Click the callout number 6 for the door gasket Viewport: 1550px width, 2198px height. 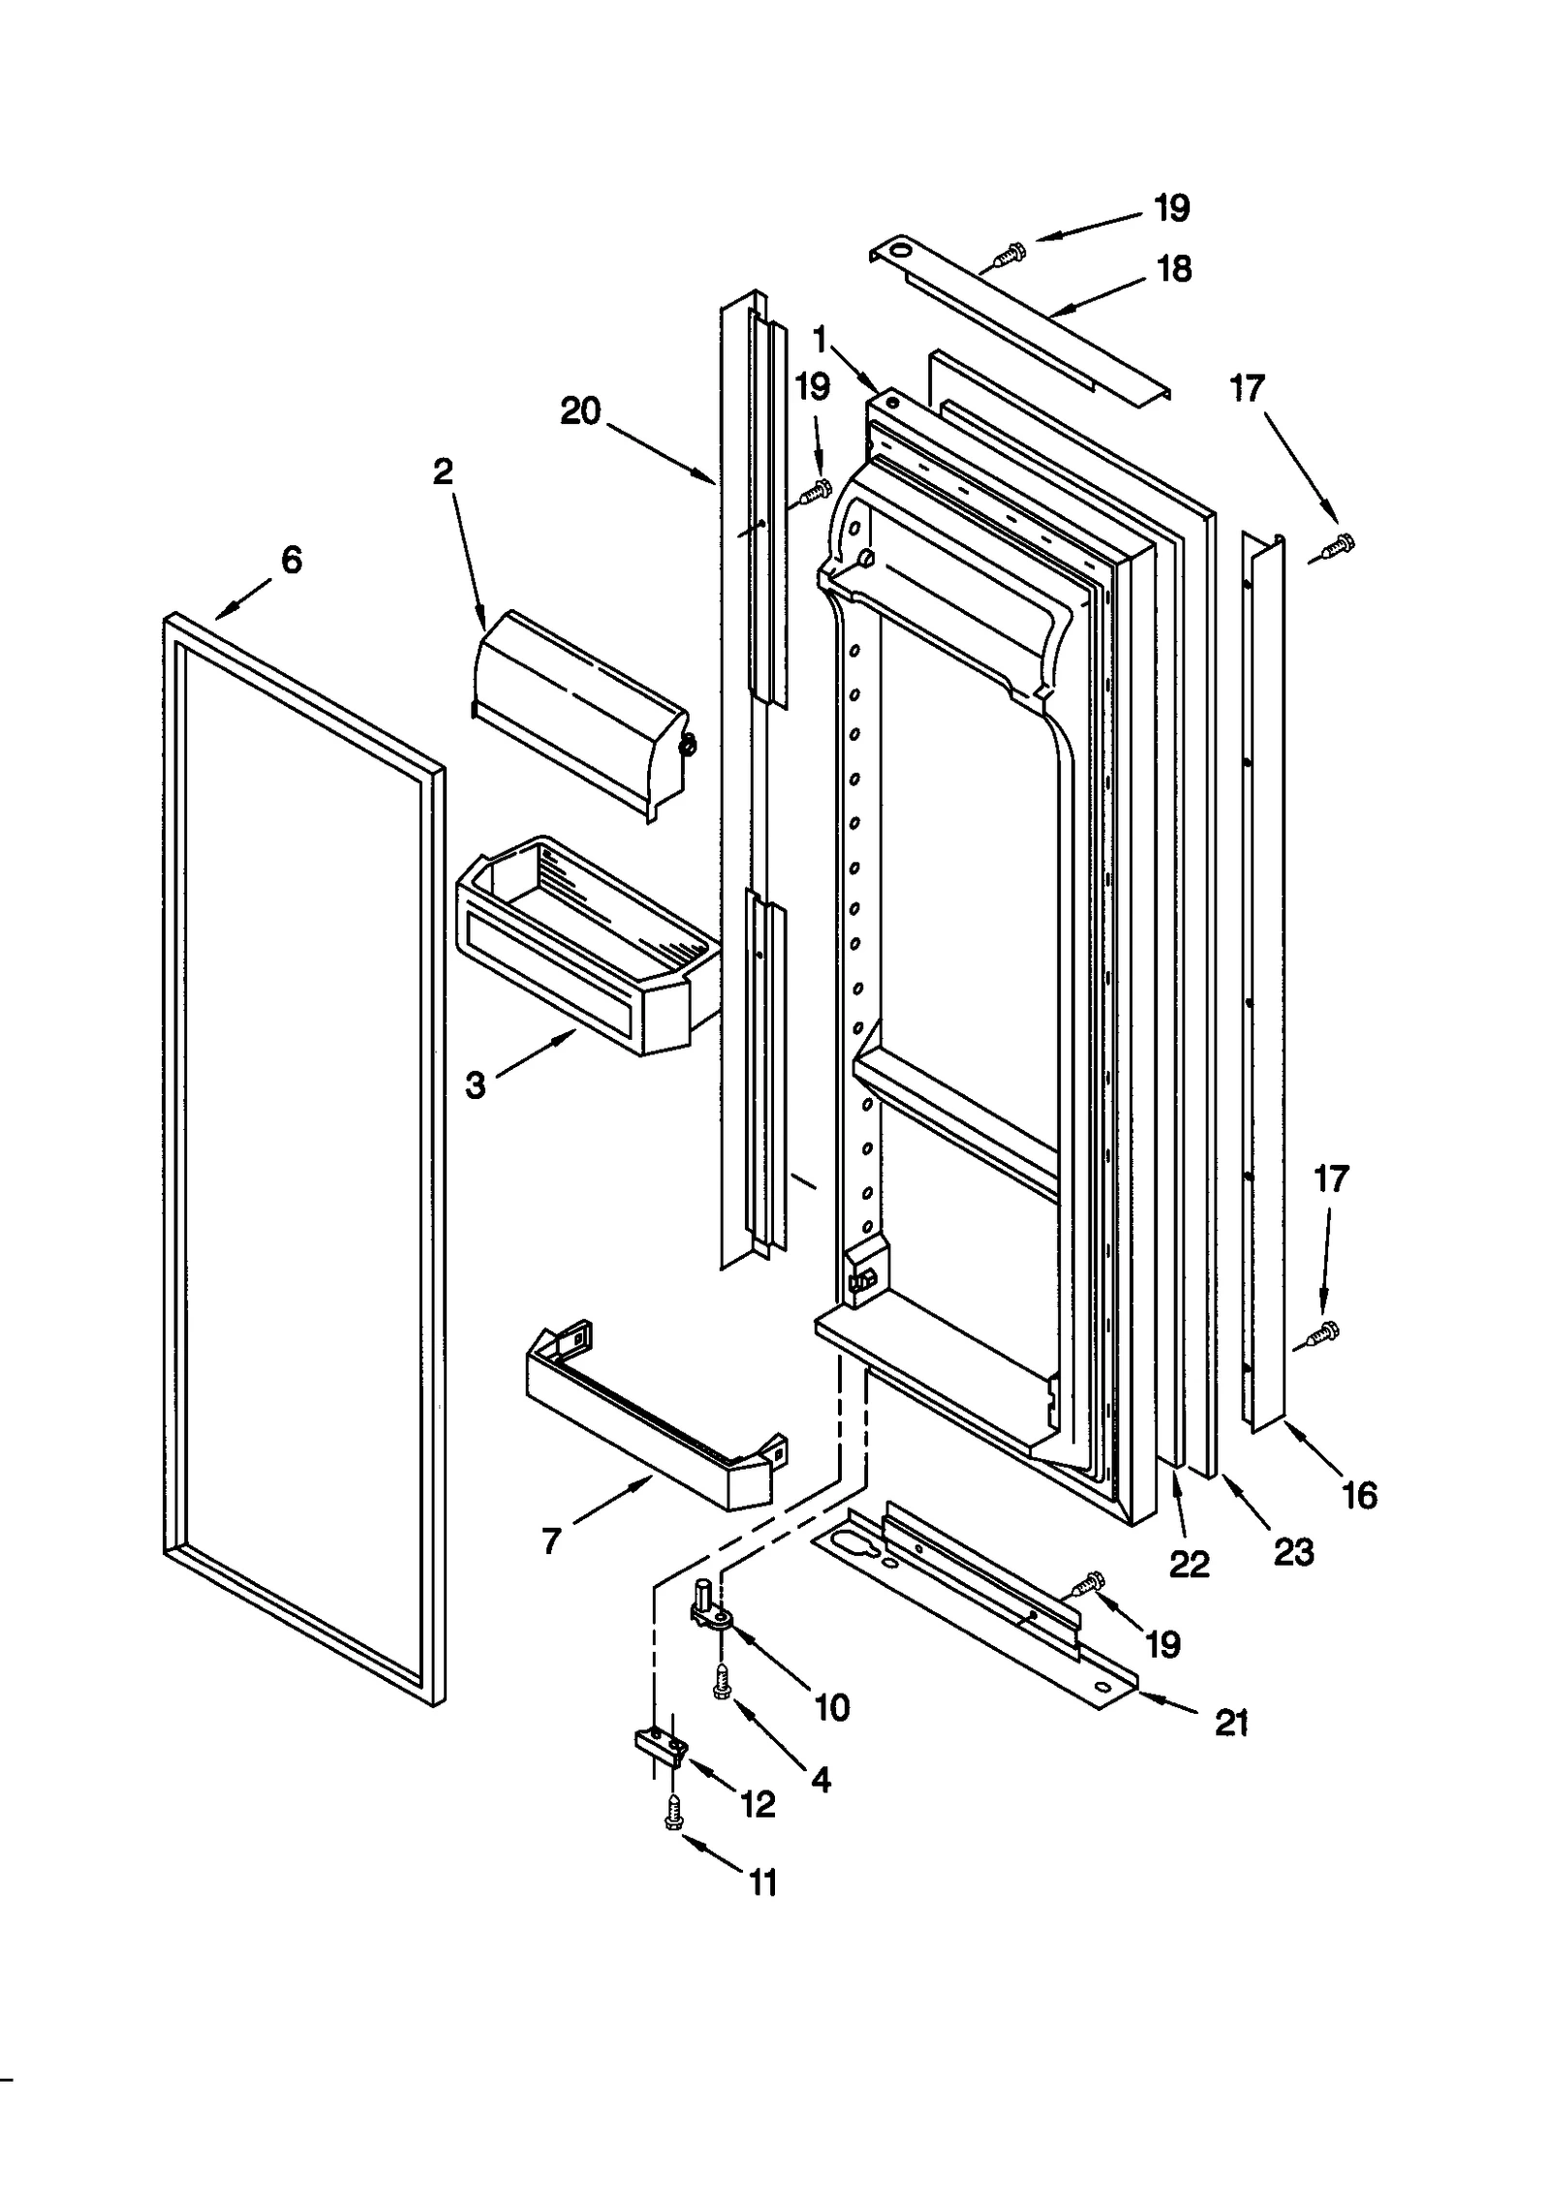pyautogui.click(x=291, y=560)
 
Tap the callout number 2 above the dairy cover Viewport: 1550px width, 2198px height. pyautogui.click(x=443, y=472)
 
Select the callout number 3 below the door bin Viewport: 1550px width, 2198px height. pyautogui.click(x=475, y=1086)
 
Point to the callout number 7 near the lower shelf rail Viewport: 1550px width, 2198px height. pyautogui.click(x=551, y=1541)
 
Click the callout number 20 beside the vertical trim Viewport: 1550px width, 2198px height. pyautogui.click(x=580, y=412)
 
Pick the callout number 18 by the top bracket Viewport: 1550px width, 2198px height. pyautogui.click(x=1174, y=269)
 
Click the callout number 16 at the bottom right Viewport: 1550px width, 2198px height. pyautogui.click(x=1359, y=1496)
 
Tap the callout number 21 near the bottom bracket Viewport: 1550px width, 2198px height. pyautogui.click(x=1231, y=1723)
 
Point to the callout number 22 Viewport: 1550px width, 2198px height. pyautogui.click(x=1189, y=1564)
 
